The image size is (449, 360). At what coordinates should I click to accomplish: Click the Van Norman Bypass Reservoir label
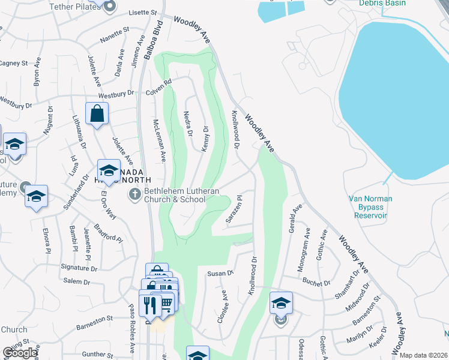(370, 206)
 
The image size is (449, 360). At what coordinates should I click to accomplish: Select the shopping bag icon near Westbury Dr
(97, 113)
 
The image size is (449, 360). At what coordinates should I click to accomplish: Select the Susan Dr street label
(220, 274)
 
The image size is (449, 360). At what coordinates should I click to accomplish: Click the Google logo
(20, 352)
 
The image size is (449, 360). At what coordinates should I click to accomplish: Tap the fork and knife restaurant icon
(148, 304)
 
